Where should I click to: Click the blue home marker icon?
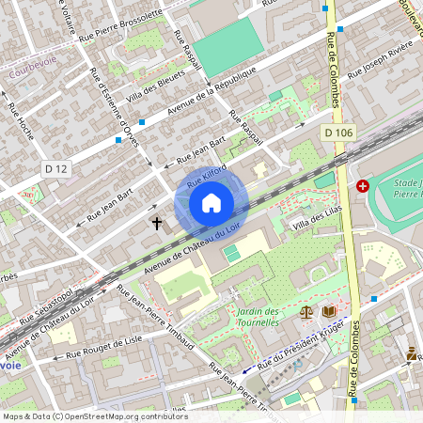coord(211,202)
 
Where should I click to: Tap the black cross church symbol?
coord(157,224)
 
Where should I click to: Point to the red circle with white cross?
coord(363,186)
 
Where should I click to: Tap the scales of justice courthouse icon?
coord(305,311)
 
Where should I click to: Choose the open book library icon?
coord(328,311)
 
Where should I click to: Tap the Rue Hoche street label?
coord(21,121)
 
